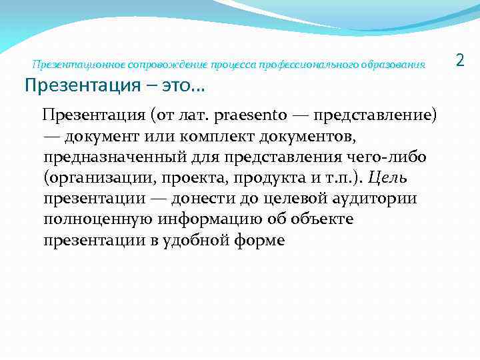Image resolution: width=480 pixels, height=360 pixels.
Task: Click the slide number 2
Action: pyautogui.click(x=459, y=61)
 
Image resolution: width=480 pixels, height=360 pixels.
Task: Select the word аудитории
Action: pyautogui.click(x=369, y=199)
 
